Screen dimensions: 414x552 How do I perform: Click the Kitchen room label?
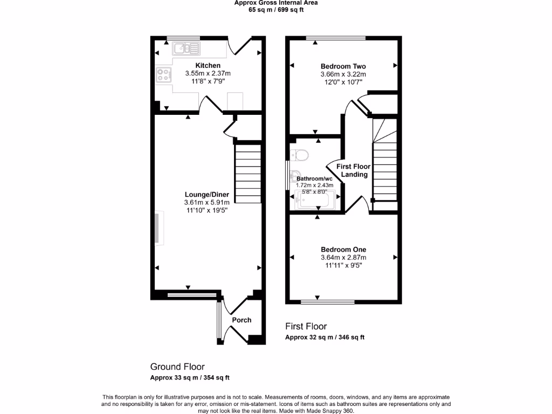(x=208, y=66)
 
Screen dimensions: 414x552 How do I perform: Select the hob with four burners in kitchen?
(x=163, y=75)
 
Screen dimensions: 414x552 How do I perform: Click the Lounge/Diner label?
(x=207, y=195)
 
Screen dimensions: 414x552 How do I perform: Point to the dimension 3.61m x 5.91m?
(x=207, y=203)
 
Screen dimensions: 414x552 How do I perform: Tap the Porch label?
(x=241, y=320)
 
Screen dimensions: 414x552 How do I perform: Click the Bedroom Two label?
(x=343, y=66)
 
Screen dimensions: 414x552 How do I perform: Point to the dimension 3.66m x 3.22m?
(x=343, y=74)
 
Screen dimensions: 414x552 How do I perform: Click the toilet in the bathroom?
(x=299, y=155)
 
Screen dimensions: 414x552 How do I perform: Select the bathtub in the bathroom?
(x=315, y=199)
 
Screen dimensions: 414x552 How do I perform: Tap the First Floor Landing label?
(x=354, y=170)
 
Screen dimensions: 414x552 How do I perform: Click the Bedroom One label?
(x=343, y=250)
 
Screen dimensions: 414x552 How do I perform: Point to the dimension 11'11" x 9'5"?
(x=343, y=265)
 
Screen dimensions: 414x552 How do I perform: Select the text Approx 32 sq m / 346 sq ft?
(x=325, y=337)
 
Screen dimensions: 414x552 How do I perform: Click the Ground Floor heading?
(x=177, y=367)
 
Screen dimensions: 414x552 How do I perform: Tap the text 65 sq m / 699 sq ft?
(x=276, y=10)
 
